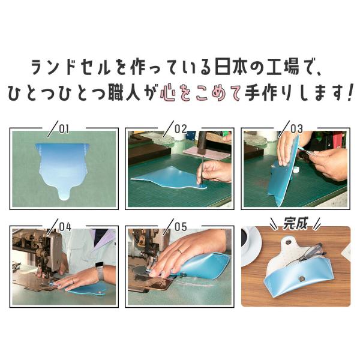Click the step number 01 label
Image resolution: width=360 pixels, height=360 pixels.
tap(64, 129)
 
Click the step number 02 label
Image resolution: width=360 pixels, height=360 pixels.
tap(181, 129)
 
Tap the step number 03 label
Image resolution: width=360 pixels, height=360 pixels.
tap(296, 129)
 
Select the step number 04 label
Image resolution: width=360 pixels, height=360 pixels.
tap(65, 227)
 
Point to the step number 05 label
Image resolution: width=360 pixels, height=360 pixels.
tap(181, 227)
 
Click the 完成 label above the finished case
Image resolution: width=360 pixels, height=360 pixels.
tap(295, 223)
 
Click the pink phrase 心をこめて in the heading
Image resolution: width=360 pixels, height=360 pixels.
tap(200, 93)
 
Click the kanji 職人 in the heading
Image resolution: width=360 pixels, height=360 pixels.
tap(124, 93)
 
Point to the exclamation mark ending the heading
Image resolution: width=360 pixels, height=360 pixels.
tap(349, 93)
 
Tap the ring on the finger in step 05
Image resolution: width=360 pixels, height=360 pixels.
tap(179, 251)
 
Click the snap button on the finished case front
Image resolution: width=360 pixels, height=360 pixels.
tap(301, 279)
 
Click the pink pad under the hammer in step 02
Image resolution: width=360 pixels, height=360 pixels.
tap(206, 152)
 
